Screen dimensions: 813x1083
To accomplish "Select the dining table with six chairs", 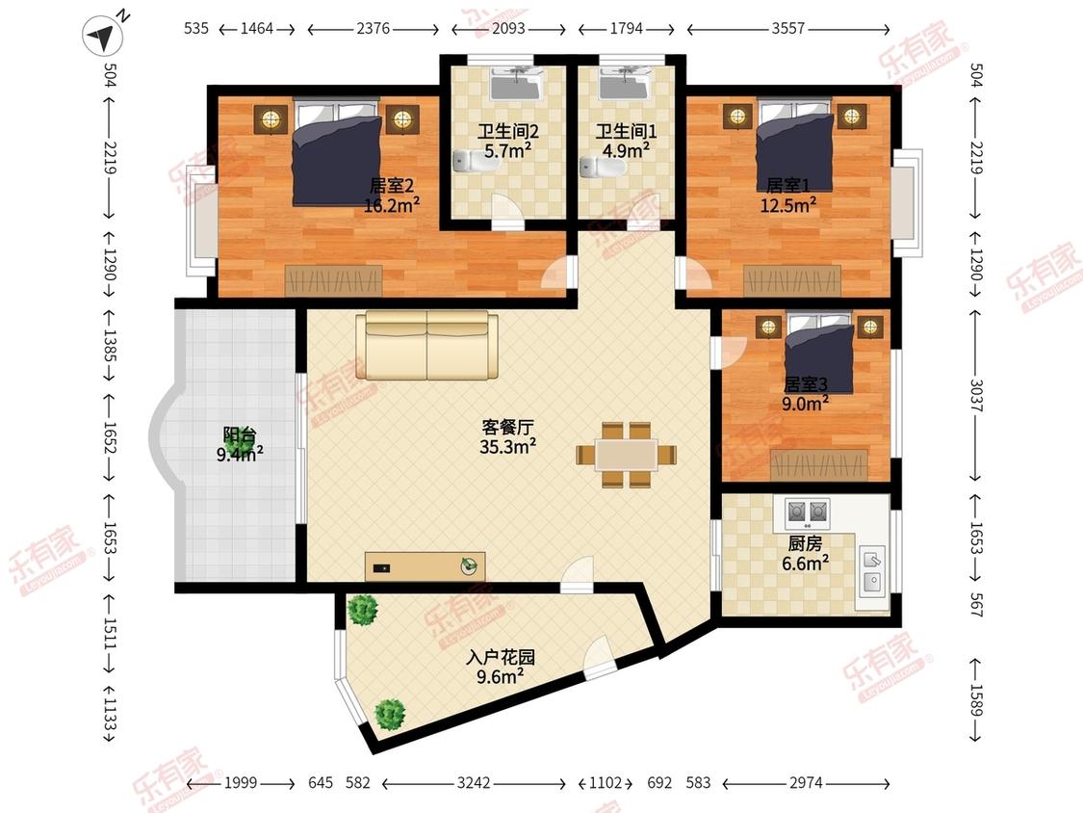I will click(x=626, y=454).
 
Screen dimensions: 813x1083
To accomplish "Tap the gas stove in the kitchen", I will click(x=808, y=511).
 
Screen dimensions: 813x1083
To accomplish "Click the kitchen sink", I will click(x=872, y=568).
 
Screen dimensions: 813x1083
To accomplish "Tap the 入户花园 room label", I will click(x=501, y=659).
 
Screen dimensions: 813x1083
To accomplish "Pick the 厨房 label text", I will click(x=804, y=543).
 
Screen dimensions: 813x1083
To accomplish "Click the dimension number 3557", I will click(x=787, y=29).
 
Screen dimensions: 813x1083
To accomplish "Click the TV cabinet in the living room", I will click(x=425, y=565).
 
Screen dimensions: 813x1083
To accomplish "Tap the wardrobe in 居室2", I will click(x=334, y=279).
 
